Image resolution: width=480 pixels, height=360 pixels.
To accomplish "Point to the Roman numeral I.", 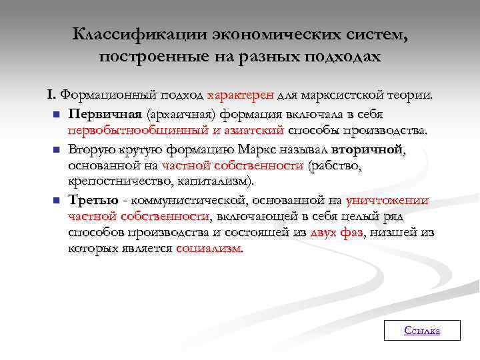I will [x=51, y=95].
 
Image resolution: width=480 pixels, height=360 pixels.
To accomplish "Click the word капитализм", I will [x=217, y=181].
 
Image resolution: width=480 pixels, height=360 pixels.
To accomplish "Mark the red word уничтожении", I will [x=387, y=200].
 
